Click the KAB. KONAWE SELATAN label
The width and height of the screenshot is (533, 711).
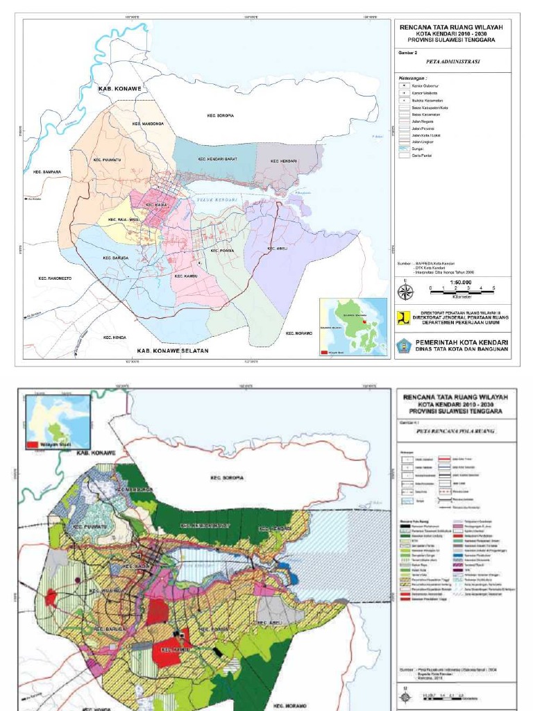tap(172, 351)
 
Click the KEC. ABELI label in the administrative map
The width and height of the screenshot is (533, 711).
tap(277, 249)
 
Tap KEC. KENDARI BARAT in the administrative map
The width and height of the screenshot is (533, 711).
tap(218, 159)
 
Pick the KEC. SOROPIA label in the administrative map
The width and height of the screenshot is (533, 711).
tap(220, 115)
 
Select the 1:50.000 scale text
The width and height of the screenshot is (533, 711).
tap(461, 283)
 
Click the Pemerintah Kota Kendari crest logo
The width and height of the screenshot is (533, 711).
tap(404, 345)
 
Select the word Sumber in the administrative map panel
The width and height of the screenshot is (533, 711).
tap(405, 264)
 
